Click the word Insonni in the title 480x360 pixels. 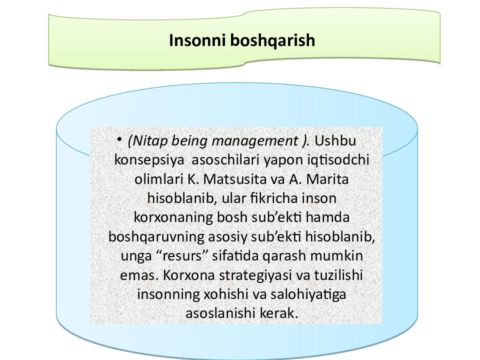tap(193, 40)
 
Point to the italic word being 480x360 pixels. tap(199, 142)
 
